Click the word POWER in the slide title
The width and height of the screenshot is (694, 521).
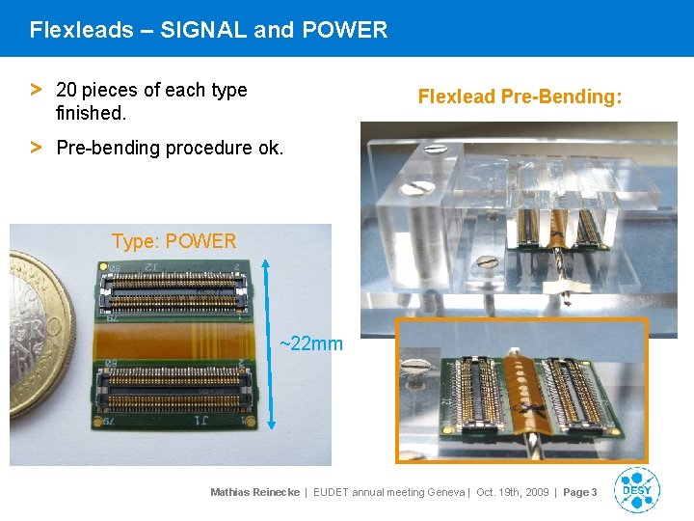coord(344,30)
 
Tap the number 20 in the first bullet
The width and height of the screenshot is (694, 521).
coord(67,90)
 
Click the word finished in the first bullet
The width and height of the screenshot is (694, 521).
coord(90,113)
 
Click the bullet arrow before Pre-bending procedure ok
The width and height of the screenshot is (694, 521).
coord(36,148)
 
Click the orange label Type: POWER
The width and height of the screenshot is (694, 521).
coord(173,241)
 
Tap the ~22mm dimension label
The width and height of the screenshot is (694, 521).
coord(310,343)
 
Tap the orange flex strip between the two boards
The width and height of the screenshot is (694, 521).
coord(173,336)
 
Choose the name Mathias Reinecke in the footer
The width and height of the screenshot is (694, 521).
coord(254,492)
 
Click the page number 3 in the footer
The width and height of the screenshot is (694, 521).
coord(594,492)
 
